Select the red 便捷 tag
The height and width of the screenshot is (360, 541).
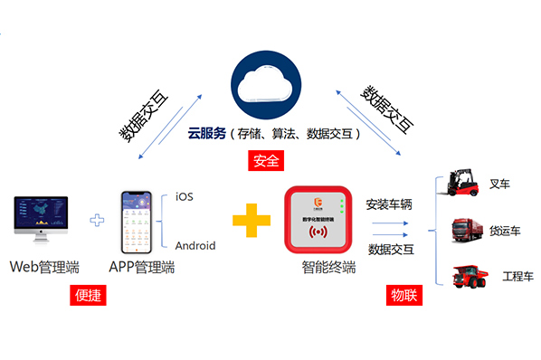tap(87, 295)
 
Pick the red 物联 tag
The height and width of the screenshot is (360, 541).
tap(403, 295)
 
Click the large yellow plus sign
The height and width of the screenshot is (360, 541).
tap(251, 220)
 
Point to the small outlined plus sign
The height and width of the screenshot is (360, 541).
tap(98, 220)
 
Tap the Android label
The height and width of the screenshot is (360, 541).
tap(195, 243)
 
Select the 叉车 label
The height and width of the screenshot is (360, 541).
tap(499, 185)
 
